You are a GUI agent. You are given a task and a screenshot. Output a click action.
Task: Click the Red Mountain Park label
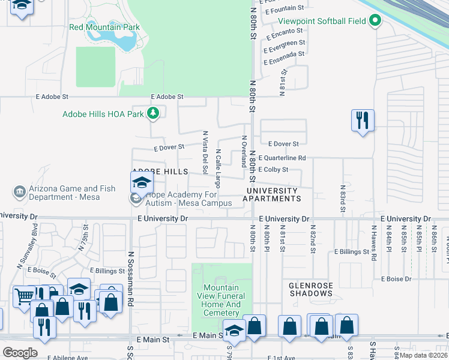pos(104,27)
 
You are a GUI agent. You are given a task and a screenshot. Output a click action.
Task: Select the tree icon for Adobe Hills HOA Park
pos(154,112)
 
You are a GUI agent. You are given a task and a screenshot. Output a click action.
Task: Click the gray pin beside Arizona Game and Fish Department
pos(19,193)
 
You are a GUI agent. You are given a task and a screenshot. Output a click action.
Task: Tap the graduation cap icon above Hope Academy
pos(142,182)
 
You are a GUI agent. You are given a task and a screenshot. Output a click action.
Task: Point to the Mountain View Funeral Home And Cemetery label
pos(221,300)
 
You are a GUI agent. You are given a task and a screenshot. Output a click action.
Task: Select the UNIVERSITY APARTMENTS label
pos(271,194)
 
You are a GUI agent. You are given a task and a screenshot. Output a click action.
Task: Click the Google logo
pos(20,352)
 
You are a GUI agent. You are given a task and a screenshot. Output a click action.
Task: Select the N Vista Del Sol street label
pos(205,152)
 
